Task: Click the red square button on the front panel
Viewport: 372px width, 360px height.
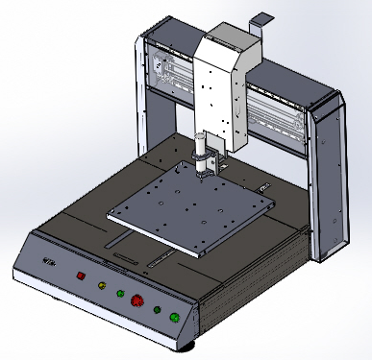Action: (81, 277)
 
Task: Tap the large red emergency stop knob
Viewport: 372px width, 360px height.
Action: (137, 300)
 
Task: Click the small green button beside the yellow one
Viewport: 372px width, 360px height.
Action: (120, 293)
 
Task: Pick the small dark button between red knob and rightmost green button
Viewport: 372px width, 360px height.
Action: (157, 308)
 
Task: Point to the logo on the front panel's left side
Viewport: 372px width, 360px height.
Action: (48, 262)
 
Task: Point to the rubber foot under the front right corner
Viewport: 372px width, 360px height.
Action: (190, 343)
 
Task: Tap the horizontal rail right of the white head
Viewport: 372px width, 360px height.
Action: (279, 110)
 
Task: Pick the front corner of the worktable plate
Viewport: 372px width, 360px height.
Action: (198, 254)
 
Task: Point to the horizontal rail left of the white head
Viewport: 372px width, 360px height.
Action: (173, 77)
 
